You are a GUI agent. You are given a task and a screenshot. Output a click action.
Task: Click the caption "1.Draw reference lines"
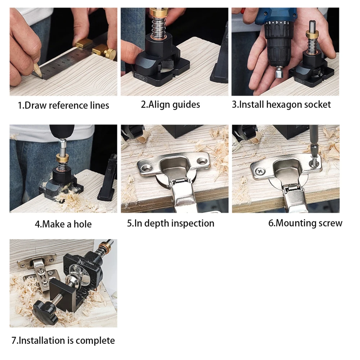(x=63, y=105)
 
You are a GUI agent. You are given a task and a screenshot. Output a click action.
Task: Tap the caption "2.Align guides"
(x=170, y=105)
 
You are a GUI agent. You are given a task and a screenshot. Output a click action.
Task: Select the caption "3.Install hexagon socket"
(x=281, y=105)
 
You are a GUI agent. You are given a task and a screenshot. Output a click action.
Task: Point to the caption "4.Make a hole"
(x=63, y=224)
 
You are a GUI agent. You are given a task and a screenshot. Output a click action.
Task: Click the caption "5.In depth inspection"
(x=170, y=223)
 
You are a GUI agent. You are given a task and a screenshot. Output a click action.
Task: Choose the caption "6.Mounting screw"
(x=305, y=223)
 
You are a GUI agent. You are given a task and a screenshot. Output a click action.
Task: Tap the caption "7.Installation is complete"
(x=63, y=341)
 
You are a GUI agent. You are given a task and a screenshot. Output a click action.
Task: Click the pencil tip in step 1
(x=35, y=73)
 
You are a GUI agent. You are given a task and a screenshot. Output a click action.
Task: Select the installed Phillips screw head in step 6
(x=258, y=172)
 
